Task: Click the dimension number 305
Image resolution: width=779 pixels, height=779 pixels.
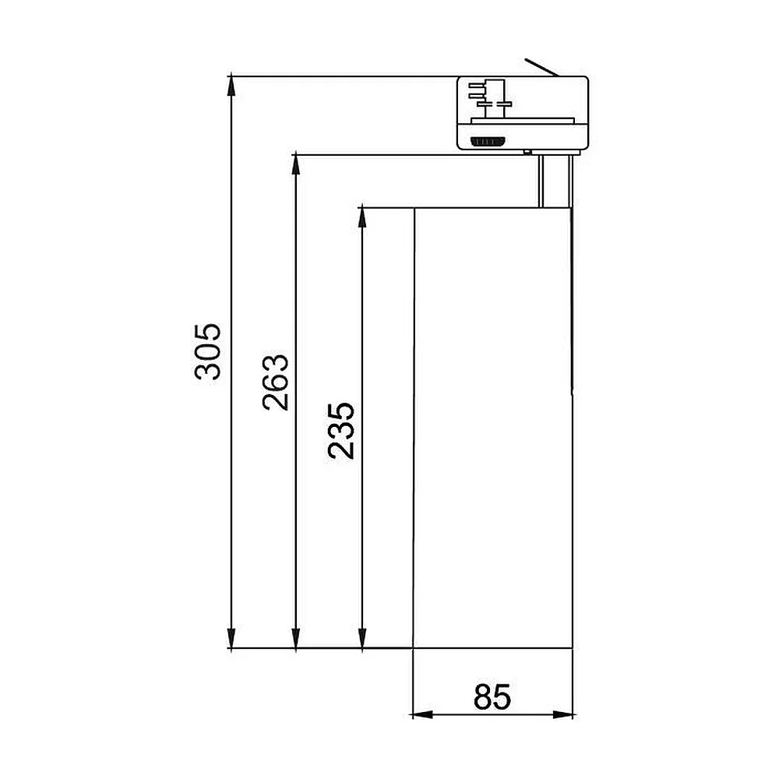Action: click(208, 351)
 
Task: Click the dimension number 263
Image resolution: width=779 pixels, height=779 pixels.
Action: click(275, 382)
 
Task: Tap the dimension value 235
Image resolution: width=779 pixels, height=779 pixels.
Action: click(341, 430)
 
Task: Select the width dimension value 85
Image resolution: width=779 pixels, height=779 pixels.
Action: click(492, 696)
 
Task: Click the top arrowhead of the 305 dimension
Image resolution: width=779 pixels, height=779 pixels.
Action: click(231, 85)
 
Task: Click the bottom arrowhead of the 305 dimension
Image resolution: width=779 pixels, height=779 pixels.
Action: click(231, 639)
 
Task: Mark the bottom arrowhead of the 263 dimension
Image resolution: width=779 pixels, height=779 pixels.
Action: click(295, 639)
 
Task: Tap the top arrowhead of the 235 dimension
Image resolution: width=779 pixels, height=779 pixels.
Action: click(363, 217)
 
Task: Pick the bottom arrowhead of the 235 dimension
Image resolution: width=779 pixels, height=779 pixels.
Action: click(363, 639)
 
